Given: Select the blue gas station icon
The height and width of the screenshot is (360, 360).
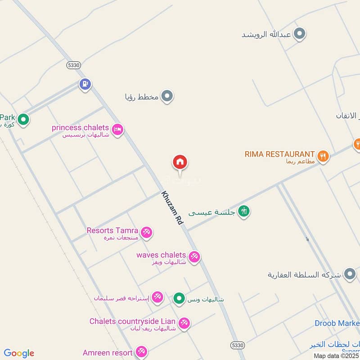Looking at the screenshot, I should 85,84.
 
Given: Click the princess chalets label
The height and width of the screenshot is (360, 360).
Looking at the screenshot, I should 80,128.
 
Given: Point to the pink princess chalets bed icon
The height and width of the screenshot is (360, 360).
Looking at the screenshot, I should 117,130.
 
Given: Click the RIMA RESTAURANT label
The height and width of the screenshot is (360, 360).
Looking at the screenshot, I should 279,154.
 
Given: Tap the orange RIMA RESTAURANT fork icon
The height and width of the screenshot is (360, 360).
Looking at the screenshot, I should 323,156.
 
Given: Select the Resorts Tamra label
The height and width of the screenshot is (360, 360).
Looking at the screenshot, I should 112,231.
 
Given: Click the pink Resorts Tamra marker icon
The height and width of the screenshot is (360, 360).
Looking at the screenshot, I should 146,233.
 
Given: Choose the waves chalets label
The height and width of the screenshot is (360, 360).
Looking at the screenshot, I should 161,255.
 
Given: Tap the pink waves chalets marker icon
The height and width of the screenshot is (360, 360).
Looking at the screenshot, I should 194,257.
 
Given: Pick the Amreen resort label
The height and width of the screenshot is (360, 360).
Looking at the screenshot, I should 108,353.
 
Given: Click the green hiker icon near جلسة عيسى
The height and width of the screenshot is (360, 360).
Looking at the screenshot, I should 244,211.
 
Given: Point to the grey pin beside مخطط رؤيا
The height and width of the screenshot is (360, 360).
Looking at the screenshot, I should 167,96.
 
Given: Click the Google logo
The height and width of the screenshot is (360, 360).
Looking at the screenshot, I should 19,353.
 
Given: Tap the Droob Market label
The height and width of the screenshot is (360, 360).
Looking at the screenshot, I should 337,323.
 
